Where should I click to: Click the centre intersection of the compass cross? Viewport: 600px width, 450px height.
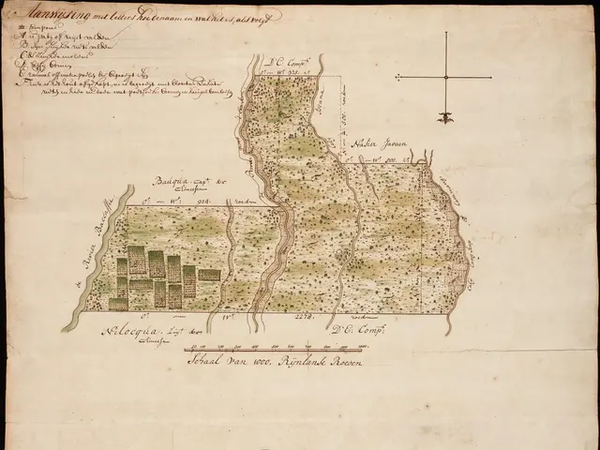(446, 76)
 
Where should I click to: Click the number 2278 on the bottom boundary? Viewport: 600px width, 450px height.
(306, 319)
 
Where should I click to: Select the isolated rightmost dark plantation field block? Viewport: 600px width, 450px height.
(209, 275)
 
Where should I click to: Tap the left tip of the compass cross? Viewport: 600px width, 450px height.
(397, 76)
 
